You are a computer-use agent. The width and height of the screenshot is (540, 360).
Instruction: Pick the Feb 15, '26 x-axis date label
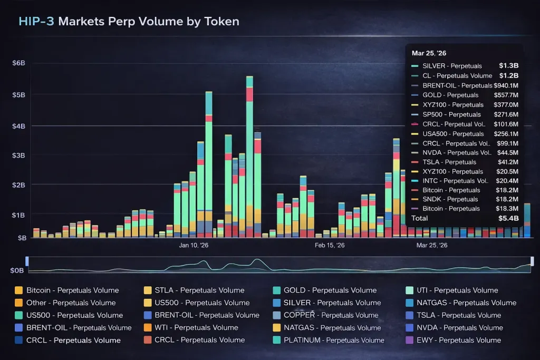click(x=330, y=245)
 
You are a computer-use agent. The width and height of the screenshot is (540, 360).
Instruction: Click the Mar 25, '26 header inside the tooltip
click(x=430, y=53)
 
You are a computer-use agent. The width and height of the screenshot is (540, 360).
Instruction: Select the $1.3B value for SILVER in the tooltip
click(x=508, y=66)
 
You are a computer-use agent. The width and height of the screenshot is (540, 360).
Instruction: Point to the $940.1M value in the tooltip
click(x=506, y=85)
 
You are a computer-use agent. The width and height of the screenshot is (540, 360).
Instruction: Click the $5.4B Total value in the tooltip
click(x=508, y=218)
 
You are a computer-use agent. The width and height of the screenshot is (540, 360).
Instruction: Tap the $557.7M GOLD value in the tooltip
click(x=507, y=95)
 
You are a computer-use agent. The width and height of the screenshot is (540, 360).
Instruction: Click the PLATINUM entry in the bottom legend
click(x=334, y=340)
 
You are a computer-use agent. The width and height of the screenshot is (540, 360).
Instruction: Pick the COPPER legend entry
click(x=331, y=315)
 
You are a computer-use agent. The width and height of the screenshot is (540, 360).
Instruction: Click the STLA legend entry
click(x=194, y=290)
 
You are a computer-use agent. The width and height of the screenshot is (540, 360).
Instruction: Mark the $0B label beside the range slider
click(x=17, y=270)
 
